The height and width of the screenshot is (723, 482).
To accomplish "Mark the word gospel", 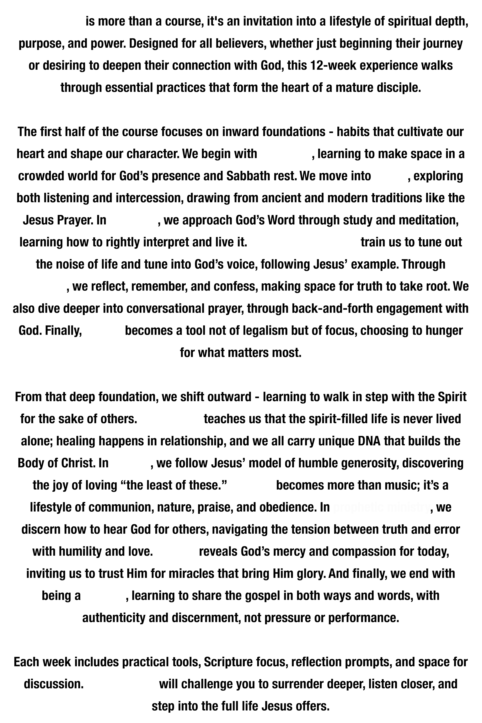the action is click(262, 596).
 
